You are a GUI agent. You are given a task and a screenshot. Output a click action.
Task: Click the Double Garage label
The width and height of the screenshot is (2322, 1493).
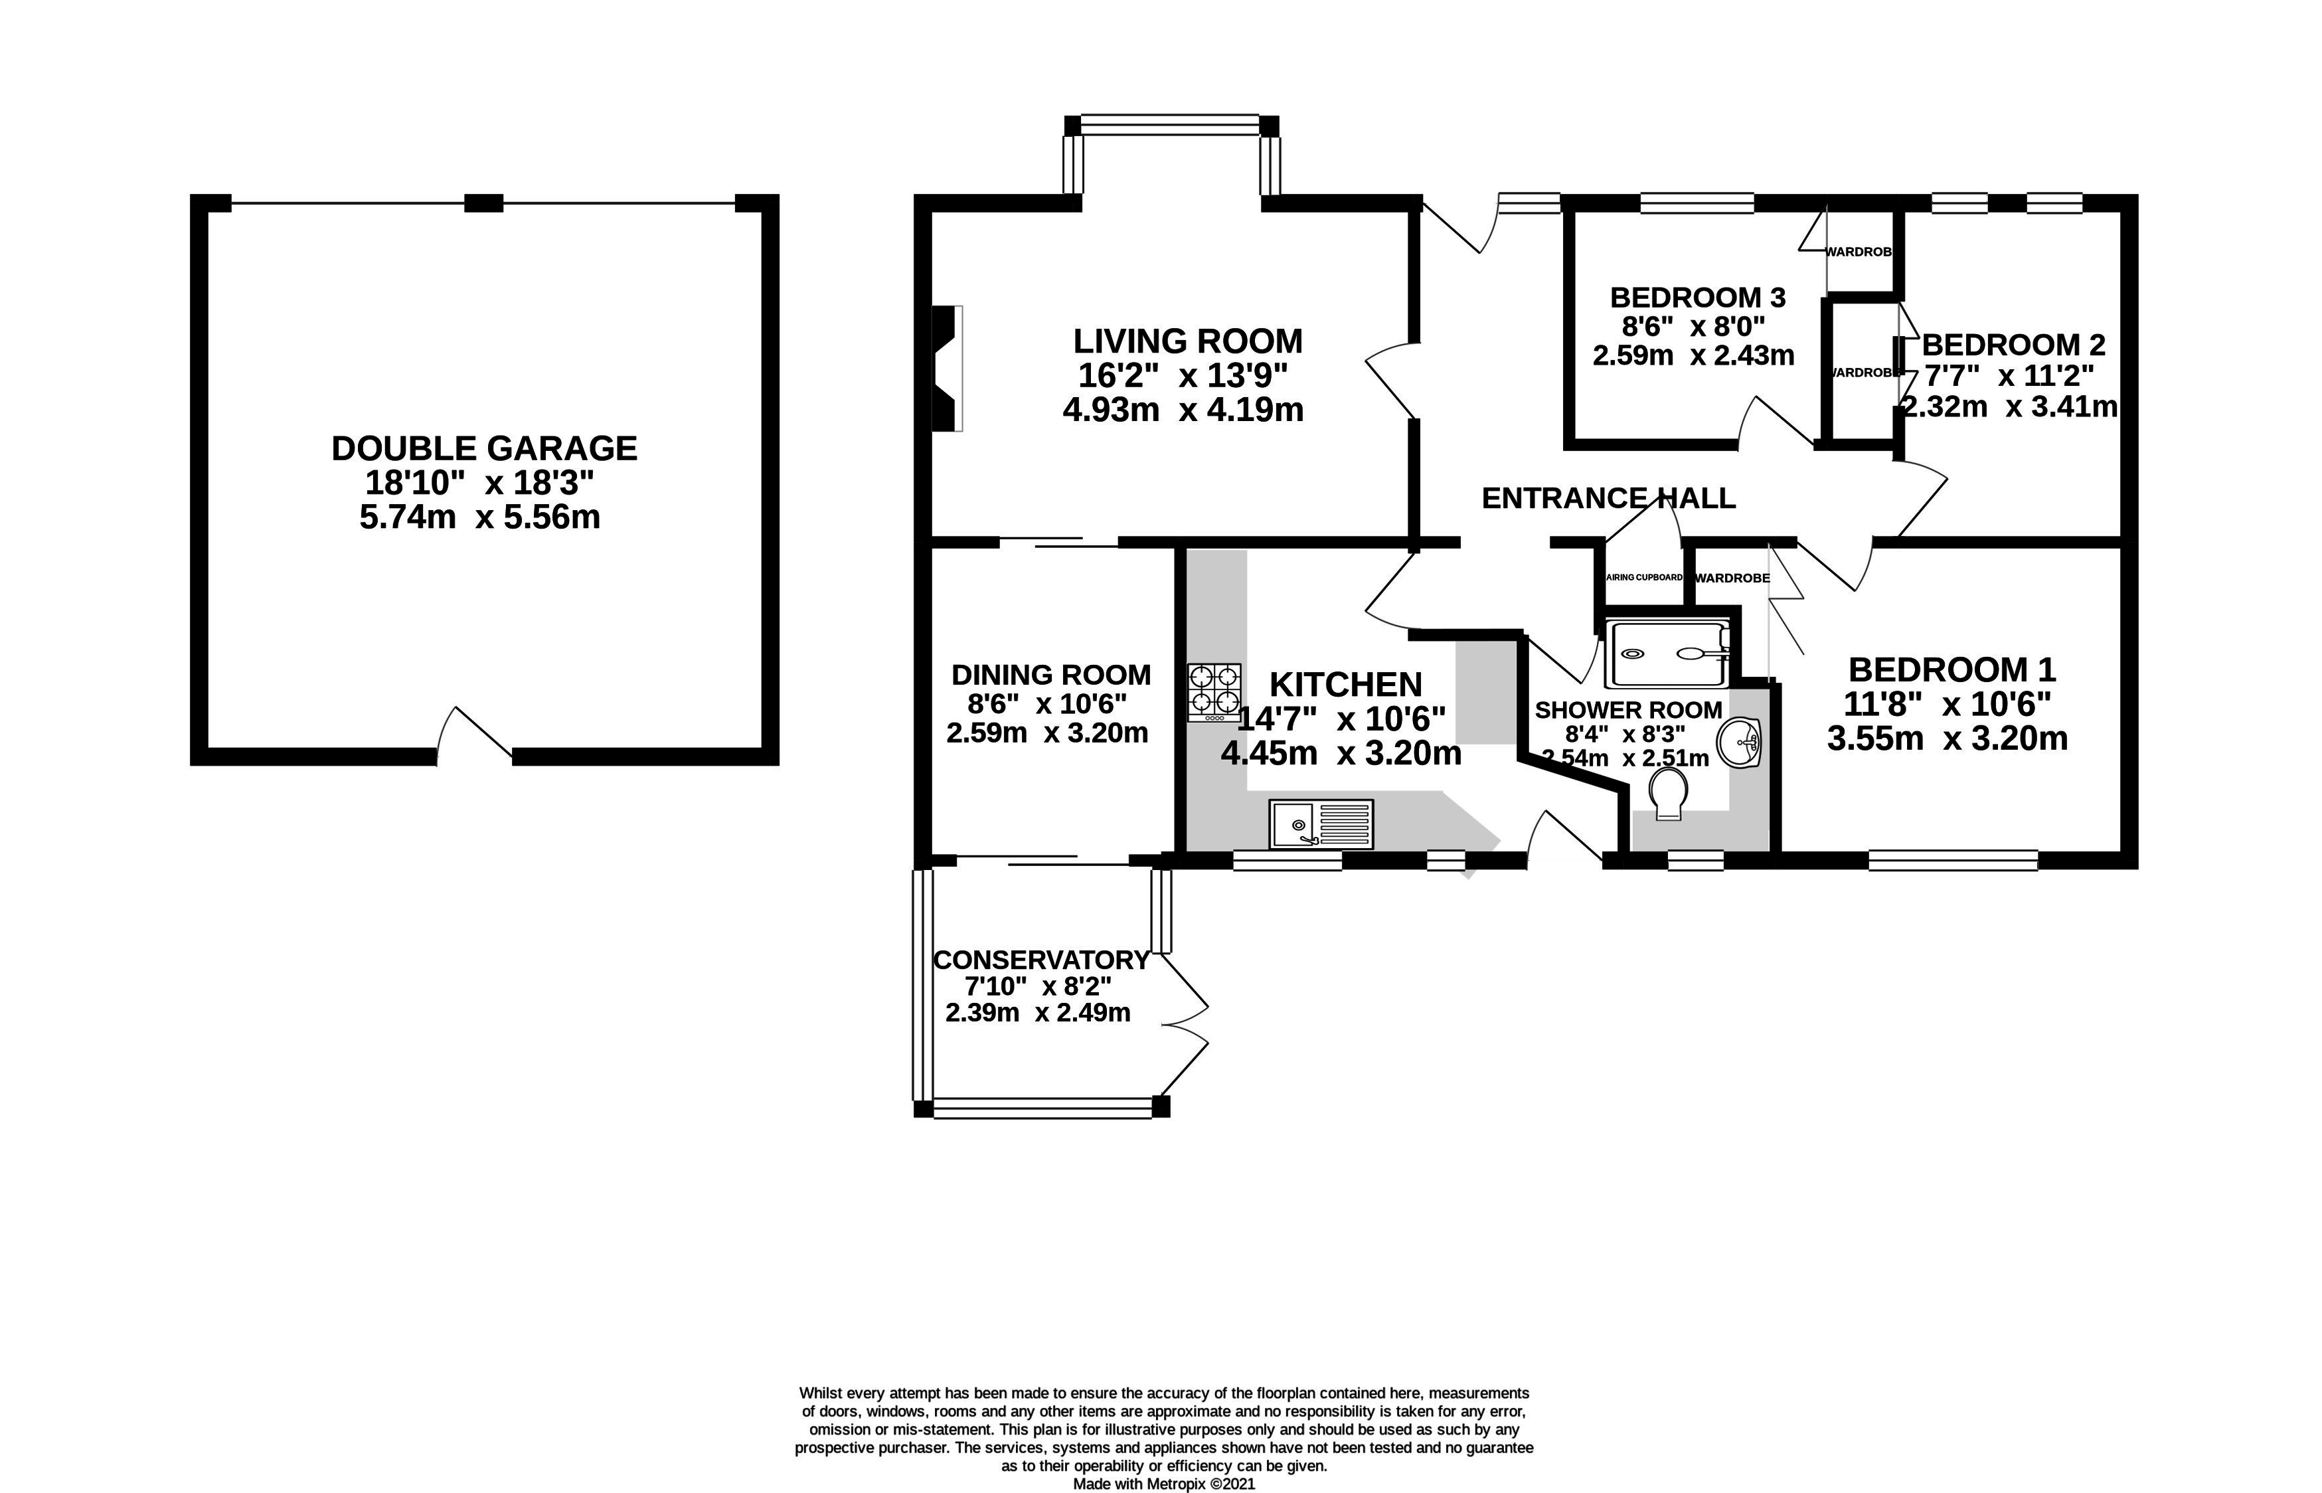(x=485, y=448)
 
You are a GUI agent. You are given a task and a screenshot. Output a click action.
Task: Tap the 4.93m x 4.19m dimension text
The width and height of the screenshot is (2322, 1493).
(x=1183, y=410)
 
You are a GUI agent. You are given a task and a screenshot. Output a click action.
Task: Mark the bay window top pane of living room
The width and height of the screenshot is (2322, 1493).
(x=1170, y=124)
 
